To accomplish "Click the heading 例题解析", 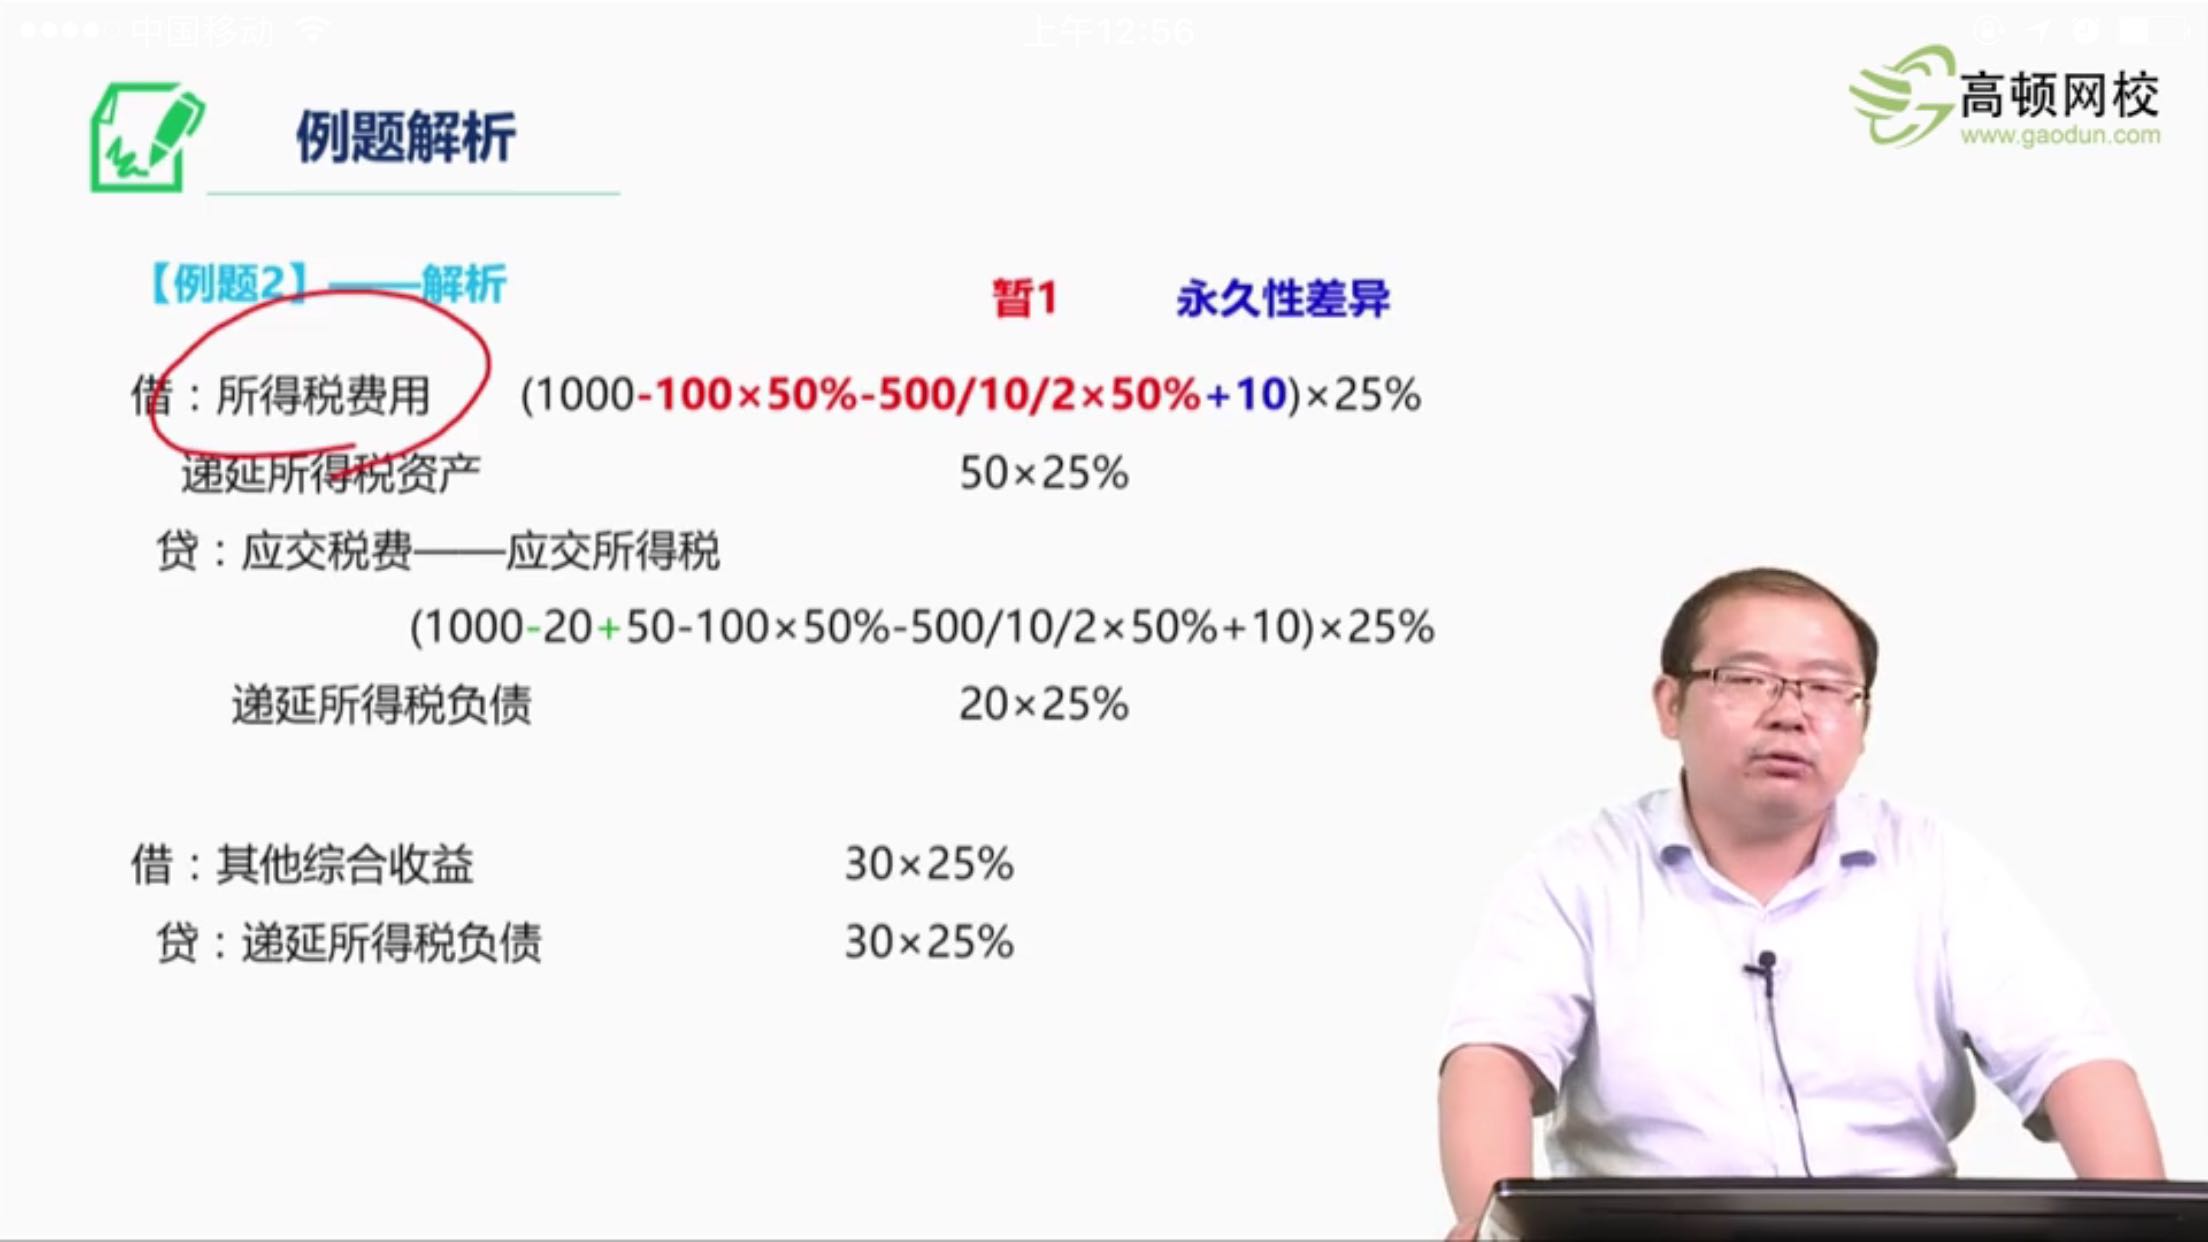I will pos(405,137).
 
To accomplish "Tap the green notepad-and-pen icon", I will pos(146,138).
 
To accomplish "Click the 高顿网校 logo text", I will pos(2058,96).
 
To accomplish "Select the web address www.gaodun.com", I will pos(2060,136).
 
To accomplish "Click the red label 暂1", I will pos(1024,298).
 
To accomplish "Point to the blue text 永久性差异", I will pos(1283,298).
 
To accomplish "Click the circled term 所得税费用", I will pos(323,395).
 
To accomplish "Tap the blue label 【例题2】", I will pos(228,284).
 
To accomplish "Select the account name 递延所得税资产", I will pos(330,474).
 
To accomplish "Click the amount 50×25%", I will pos(1044,473).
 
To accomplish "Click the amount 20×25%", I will pos(1044,705).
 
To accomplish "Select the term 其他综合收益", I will pos(344,864).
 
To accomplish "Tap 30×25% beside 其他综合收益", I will pos(929,864).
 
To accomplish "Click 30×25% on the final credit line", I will pos(929,942).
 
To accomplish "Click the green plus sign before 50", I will pos(608,628).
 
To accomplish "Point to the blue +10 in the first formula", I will pos(1247,395).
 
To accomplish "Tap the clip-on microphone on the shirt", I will pos(1766,966).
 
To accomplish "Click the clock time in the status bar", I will pos(1110,32).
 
